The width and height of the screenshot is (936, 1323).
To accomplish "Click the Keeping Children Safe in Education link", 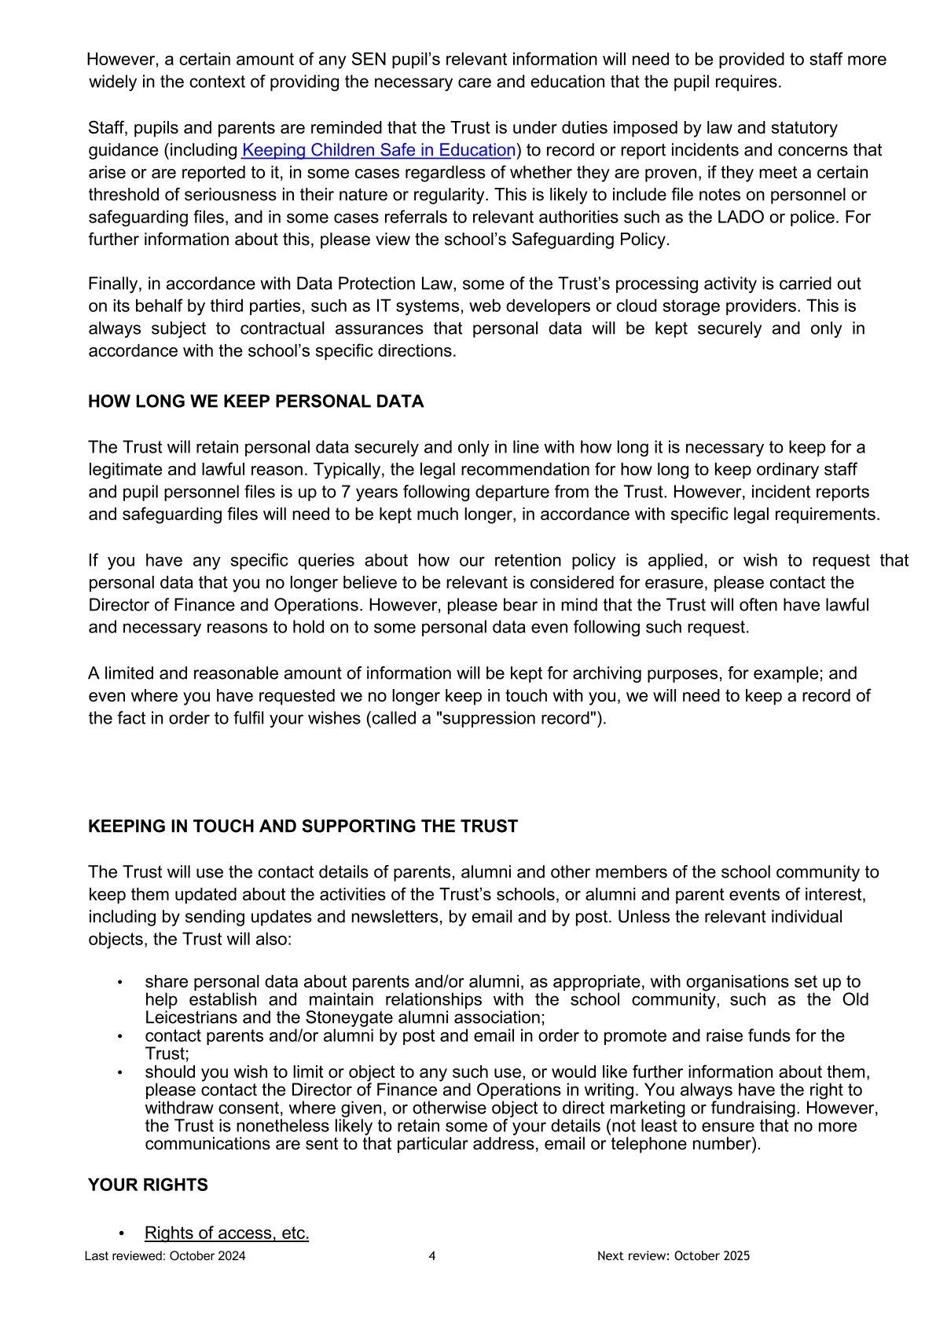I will pos(378,150).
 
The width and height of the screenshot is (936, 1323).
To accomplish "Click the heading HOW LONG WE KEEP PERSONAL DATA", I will pos(255,401).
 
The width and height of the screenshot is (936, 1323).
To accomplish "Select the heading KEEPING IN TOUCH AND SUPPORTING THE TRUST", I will pos(303,826).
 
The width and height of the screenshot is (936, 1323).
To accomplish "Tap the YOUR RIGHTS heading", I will pos(148,1185).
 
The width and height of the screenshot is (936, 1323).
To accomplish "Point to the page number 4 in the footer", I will pos(432,1255).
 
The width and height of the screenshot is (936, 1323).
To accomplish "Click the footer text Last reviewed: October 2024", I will pos(165,1255).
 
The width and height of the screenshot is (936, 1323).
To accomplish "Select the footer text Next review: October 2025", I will pos(673,1255).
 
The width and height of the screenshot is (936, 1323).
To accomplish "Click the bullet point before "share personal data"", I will pos(120,982).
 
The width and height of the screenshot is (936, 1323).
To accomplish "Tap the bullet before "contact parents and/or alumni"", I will pos(120,1036).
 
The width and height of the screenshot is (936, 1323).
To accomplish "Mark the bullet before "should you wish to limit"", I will pos(120,1072).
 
